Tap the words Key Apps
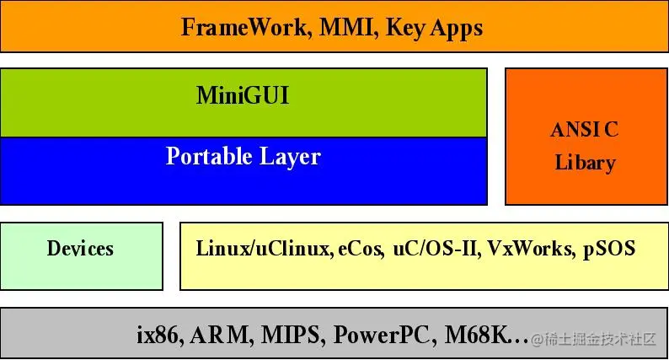pos(434,27)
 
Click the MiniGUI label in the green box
pos(243,95)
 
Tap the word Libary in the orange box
pos(585,162)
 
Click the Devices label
pos(80,249)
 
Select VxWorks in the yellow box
pos(530,249)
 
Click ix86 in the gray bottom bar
pos(158,335)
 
